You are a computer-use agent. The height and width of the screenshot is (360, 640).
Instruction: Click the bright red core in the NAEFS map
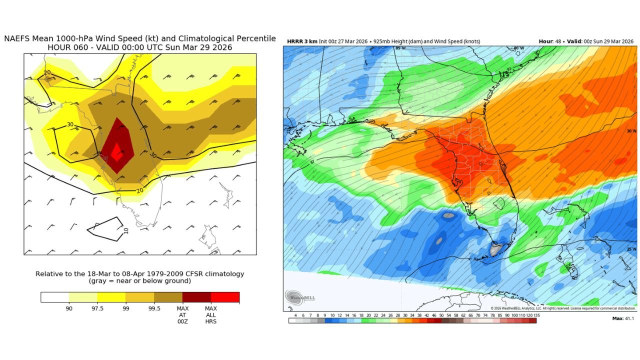pyautogui.click(x=117, y=151)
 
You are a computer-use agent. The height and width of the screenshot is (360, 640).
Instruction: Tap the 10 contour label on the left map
pyautogui.click(x=126, y=230)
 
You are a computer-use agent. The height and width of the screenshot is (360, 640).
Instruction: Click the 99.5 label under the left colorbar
pyautogui.click(x=154, y=308)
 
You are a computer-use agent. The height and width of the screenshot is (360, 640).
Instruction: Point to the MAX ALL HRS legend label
pyautogui.click(x=210, y=314)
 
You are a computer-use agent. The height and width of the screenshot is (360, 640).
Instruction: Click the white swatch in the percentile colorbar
pyautogui.click(x=54, y=297)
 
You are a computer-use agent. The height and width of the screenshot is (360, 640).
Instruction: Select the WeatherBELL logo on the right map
pyautogui.click(x=300, y=297)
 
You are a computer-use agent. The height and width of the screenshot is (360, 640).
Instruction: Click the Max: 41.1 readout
pyautogui.click(x=623, y=318)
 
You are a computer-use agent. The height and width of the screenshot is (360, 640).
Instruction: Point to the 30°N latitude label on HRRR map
pyautogui.click(x=630, y=131)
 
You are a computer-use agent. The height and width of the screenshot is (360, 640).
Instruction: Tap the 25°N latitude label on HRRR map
pyautogui.click(x=630, y=248)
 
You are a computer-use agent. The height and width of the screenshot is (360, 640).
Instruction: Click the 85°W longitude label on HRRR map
pyautogui.click(x=400, y=48)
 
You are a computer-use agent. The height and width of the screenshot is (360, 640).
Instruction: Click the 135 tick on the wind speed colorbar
pyautogui.click(x=536, y=315)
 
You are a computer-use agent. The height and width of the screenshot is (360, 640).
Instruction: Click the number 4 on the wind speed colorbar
pyautogui.click(x=295, y=315)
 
